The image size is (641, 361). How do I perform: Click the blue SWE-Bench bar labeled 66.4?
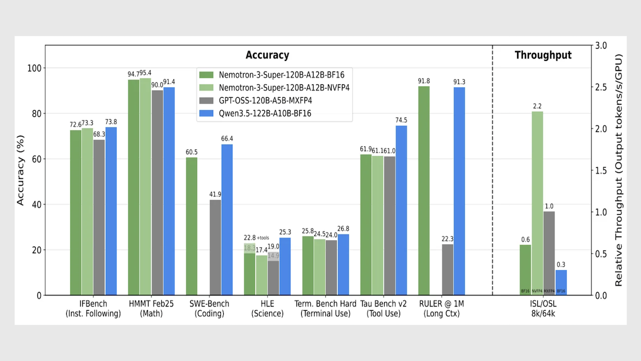coord(227,219)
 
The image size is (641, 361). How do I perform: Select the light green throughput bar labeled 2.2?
coord(537,203)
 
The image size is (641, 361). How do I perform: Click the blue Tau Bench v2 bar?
coord(401,210)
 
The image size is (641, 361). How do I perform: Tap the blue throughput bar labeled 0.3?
coord(561,282)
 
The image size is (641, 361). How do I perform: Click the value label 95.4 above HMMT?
coord(145,73)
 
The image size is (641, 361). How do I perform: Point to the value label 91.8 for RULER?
coord(424,81)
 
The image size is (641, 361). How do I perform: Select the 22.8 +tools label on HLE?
coord(256,238)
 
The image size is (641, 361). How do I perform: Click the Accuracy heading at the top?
coord(267,55)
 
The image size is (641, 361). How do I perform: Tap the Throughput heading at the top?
coord(543,55)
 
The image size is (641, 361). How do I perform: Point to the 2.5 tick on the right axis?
coord(603,87)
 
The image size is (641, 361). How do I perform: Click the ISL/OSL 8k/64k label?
coord(543,309)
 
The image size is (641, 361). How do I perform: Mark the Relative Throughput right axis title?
coord(620,170)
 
